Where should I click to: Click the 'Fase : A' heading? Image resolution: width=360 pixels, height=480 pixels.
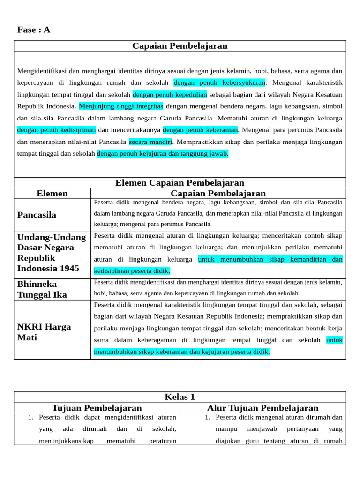pos(34,30)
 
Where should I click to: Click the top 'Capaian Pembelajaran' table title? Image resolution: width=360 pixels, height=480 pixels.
pos(180,46)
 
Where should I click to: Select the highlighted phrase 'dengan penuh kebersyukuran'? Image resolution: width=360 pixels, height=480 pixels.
pos(219,83)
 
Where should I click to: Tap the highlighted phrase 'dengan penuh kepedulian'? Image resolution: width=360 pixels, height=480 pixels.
pos(170,94)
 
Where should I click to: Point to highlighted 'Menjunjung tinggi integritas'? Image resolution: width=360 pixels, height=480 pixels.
pos(121,106)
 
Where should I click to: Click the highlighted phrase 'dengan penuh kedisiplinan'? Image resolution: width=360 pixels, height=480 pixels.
pos(57,129)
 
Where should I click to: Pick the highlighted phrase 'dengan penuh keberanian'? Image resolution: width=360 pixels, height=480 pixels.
pos(200,129)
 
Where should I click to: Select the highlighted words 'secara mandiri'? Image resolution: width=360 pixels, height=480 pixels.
pos(151,142)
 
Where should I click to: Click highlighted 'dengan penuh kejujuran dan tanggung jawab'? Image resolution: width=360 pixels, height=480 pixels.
pos(163,153)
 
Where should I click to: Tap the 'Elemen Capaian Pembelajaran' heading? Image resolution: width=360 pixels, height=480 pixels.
pos(180,183)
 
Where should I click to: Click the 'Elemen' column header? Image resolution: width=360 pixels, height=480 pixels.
pos(52,194)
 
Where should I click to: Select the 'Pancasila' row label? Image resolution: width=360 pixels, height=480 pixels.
pos(37,215)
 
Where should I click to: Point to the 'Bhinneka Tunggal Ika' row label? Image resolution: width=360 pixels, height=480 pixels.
pos(42,289)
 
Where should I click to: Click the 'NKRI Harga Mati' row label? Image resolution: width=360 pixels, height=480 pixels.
pos(44,332)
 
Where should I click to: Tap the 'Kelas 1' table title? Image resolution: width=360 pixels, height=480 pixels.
pos(180,397)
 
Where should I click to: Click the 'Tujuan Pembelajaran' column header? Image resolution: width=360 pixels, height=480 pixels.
pos(97,408)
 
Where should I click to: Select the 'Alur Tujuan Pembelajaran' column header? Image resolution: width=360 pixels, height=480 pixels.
pos(262,408)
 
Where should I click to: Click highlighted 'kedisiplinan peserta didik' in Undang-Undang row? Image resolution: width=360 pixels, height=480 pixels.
pos(132,271)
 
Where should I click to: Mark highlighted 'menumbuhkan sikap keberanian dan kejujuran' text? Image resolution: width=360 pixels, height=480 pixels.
pos(181,352)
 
